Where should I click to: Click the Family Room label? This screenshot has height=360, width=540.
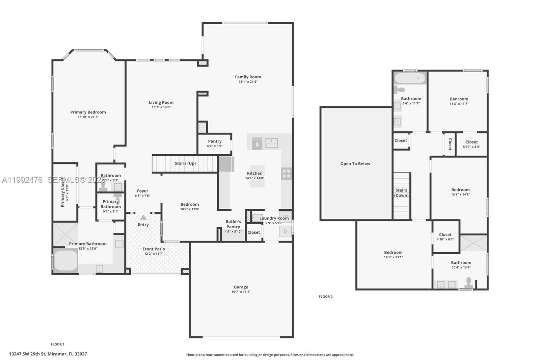click(x=248, y=77)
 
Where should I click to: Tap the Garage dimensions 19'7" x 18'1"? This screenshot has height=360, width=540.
click(x=241, y=292)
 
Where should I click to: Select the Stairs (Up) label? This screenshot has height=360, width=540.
click(x=185, y=163)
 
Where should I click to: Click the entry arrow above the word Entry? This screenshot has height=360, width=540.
click(x=143, y=217)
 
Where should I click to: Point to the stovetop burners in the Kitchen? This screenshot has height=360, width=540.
click(x=286, y=174)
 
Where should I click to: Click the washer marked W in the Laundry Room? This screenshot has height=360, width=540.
click(x=286, y=216)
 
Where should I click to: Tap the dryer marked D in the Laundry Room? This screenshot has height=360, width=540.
click(x=285, y=231)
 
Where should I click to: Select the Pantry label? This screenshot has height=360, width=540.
click(x=215, y=141)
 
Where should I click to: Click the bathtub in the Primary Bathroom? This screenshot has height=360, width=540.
click(x=66, y=260)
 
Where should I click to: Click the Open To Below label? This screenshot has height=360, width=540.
click(x=355, y=164)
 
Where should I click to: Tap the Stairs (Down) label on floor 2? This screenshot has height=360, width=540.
click(x=401, y=193)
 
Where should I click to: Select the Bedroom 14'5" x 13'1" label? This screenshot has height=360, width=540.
click(x=393, y=253)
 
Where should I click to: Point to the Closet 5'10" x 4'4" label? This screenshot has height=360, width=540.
click(x=471, y=142)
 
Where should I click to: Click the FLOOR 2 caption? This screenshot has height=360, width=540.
click(x=325, y=297)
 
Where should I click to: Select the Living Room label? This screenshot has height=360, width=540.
click(x=161, y=103)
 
